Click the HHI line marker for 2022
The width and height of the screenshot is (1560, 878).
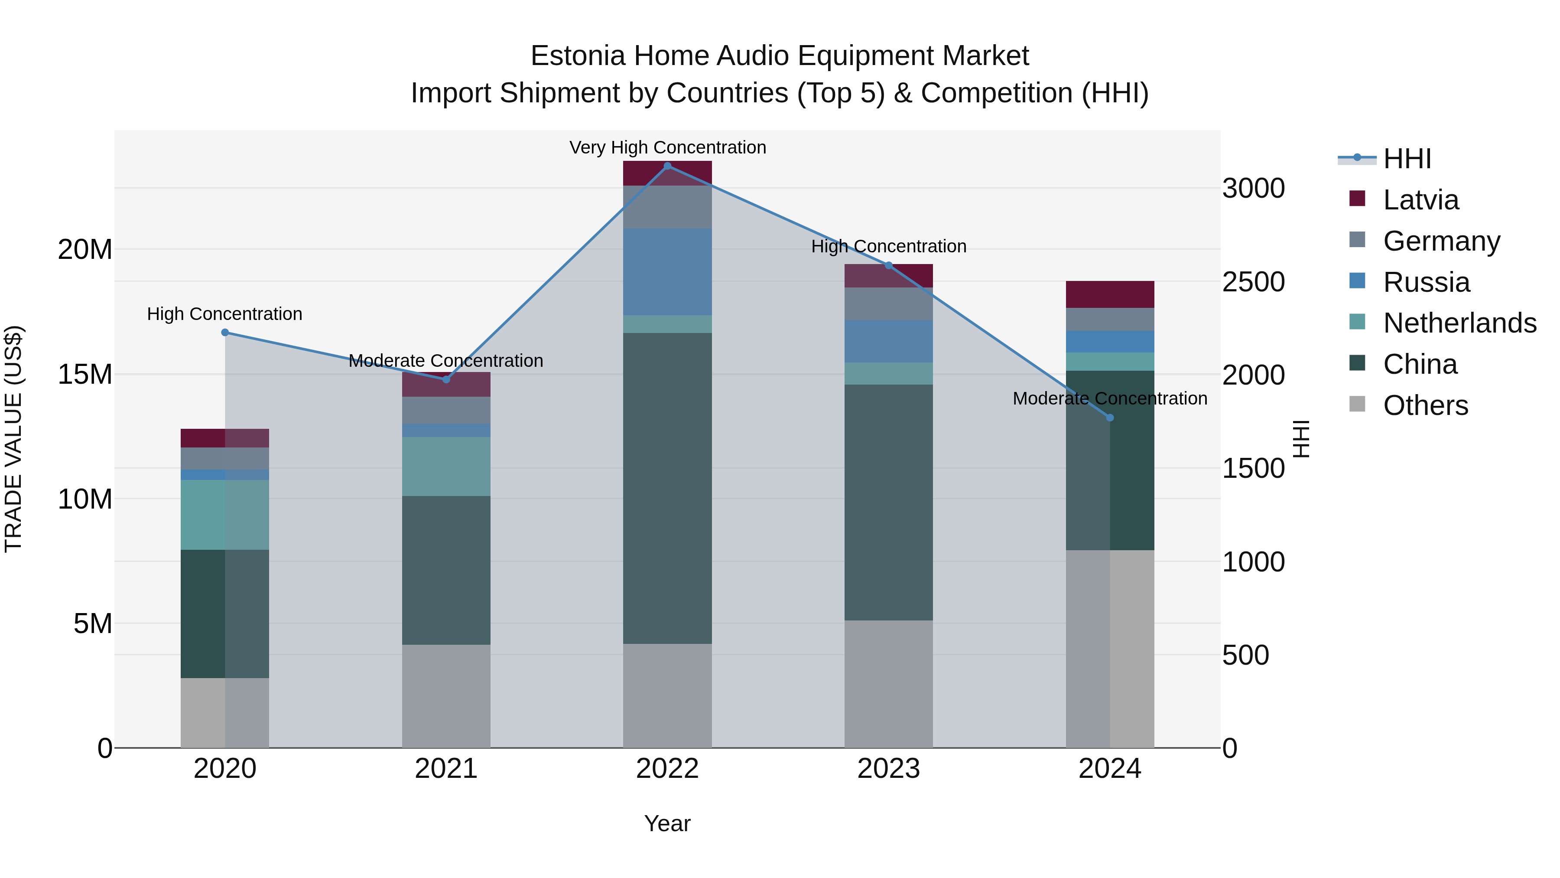(x=667, y=166)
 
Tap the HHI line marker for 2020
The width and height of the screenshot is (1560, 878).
(x=224, y=332)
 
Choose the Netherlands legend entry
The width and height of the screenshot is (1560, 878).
(x=1459, y=323)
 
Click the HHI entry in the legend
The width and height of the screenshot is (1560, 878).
(x=1406, y=159)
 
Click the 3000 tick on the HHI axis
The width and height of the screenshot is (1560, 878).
(x=1252, y=189)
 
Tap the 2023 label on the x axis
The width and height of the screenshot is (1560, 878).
(x=888, y=769)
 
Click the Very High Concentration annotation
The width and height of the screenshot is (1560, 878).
(x=667, y=147)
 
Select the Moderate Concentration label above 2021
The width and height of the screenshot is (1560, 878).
(x=446, y=361)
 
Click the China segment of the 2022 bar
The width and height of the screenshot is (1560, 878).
(x=667, y=488)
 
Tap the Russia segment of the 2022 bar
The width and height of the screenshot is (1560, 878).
(x=667, y=271)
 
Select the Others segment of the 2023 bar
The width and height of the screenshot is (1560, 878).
(x=888, y=683)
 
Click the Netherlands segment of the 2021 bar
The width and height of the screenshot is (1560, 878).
(x=446, y=466)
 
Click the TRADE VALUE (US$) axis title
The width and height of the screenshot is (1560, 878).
(x=13, y=439)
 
